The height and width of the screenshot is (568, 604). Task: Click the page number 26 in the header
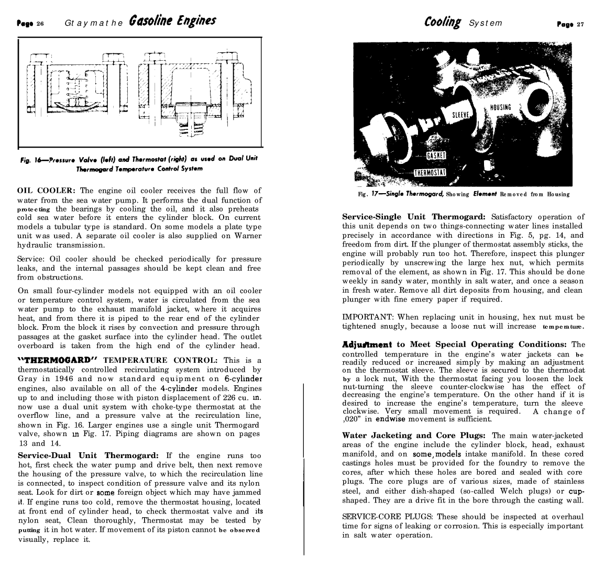[x=40, y=23]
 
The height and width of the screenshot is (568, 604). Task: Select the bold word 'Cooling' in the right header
[x=443, y=23]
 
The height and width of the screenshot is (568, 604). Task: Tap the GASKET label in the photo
[x=436, y=155]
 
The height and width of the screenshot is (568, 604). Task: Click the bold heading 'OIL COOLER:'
[x=47, y=191]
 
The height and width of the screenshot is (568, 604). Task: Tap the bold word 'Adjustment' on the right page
[x=366, y=344]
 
